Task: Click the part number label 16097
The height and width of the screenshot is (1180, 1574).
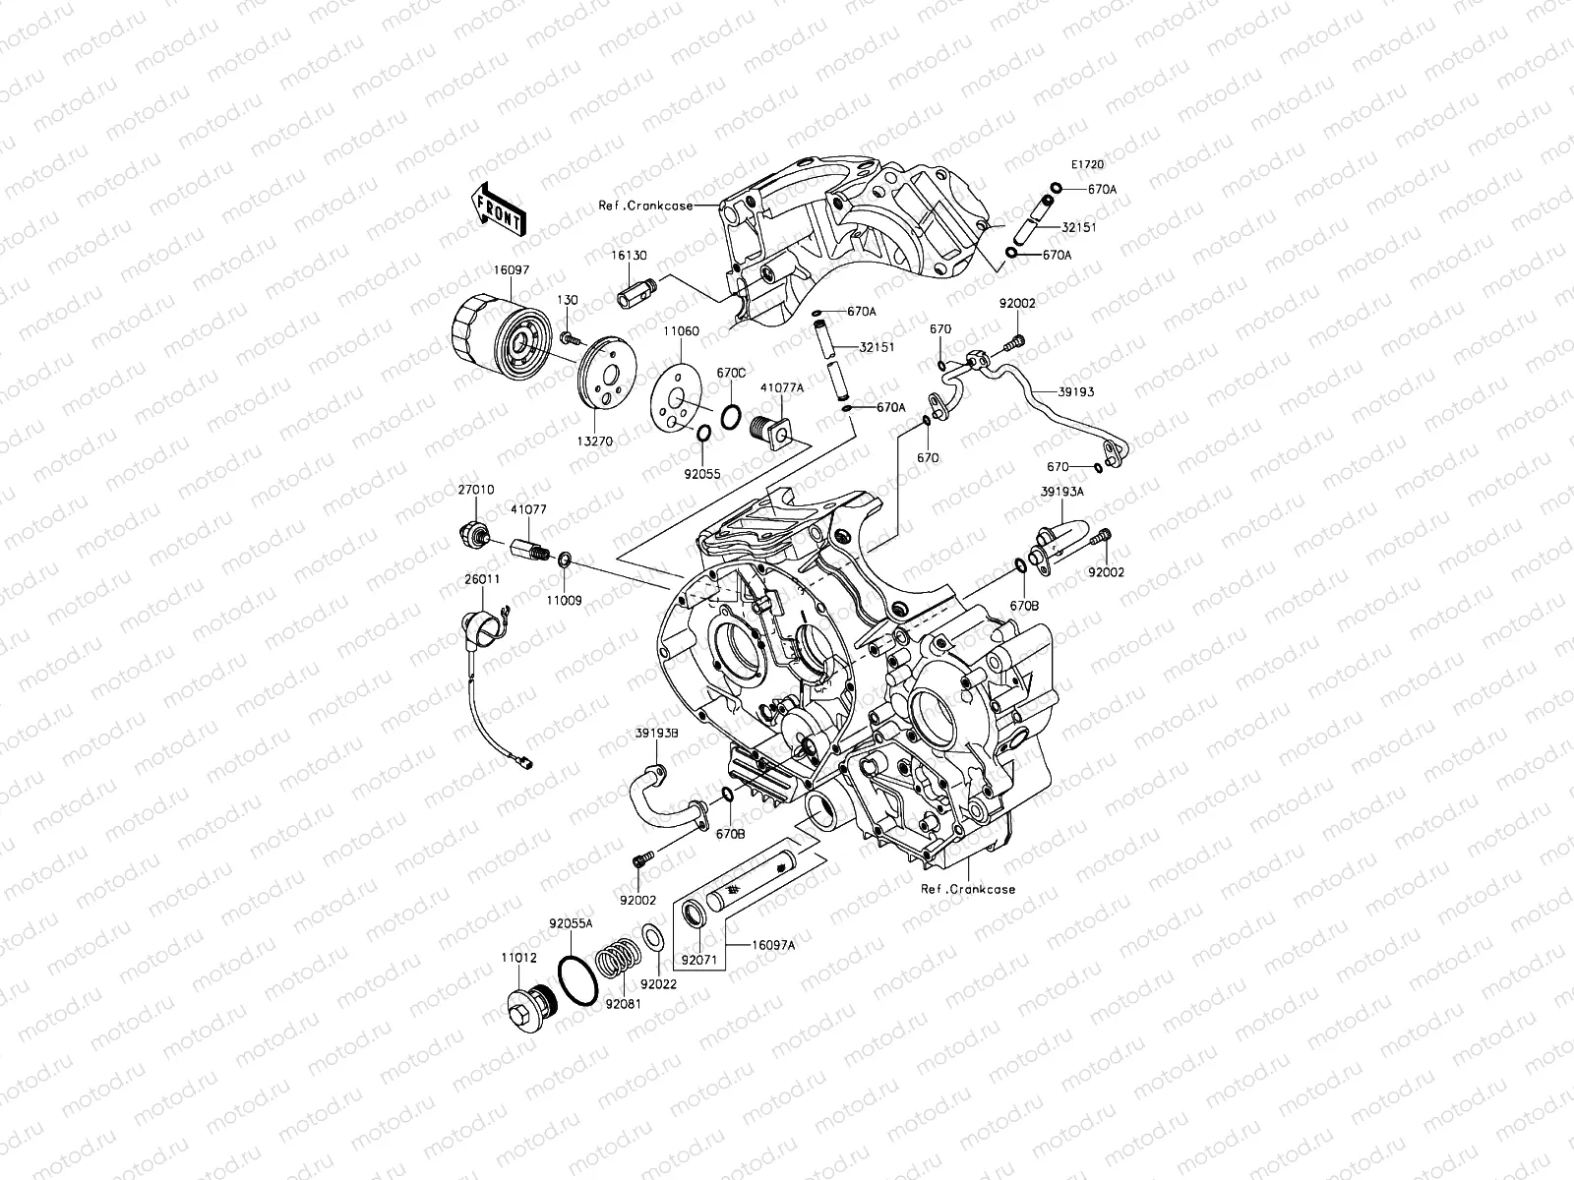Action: [x=512, y=270]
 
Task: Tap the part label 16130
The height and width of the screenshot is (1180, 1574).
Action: [x=629, y=256]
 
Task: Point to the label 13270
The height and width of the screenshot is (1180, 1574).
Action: [x=594, y=442]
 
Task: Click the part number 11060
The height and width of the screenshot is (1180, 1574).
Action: [x=681, y=331]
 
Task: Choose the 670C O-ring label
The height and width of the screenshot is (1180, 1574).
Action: [x=731, y=374]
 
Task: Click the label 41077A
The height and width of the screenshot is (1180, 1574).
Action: [x=782, y=387]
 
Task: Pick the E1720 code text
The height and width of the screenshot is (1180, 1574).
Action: [x=1088, y=165]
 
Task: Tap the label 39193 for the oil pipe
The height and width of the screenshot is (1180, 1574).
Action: [x=1076, y=392]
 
